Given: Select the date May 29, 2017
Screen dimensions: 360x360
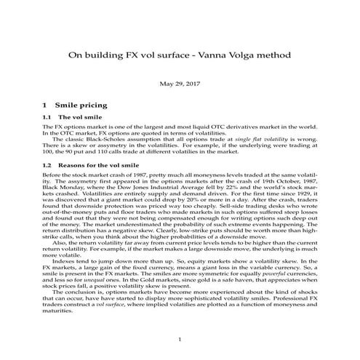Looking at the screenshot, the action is (x=180, y=84).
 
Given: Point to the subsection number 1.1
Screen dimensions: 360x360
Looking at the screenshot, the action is (x=49, y=118).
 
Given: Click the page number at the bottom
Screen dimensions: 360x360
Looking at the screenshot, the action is (x=180, y=340).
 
